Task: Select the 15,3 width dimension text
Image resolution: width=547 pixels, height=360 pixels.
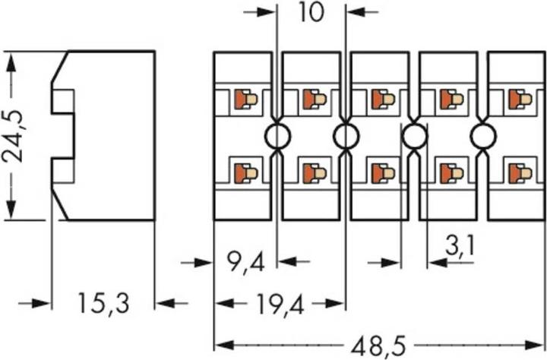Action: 103,304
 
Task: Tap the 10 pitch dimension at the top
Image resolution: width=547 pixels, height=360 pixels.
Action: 311,13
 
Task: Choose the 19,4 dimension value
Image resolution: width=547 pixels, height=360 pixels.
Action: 279,304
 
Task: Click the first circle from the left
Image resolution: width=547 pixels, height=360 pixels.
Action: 277,137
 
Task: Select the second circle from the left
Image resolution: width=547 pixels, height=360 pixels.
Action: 346,137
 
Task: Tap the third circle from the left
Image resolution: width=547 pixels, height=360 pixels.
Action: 414,137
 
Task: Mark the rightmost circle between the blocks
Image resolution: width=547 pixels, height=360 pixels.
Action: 483,137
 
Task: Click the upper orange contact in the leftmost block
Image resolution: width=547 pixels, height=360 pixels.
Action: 245,99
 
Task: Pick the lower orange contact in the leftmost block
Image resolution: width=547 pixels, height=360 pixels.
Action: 245,173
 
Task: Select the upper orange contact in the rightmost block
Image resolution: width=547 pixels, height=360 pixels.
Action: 520,99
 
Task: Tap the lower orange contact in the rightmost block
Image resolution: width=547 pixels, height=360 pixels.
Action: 520,173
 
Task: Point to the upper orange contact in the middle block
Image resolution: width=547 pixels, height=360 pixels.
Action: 382,99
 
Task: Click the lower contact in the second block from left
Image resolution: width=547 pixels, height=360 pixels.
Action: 314,173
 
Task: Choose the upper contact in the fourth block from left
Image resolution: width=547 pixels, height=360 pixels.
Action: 451,99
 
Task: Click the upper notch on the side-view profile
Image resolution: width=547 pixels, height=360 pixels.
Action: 63,102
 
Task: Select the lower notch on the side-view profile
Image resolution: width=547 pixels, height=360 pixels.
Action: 63,171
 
